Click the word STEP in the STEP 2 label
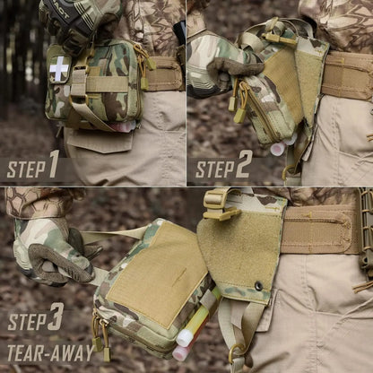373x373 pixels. point(215,169)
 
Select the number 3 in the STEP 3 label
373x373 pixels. point(56,317)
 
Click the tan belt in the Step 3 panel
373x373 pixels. point(318,230)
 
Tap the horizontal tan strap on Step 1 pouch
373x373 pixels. point(106,83)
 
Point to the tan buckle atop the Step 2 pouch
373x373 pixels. point(279,38)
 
